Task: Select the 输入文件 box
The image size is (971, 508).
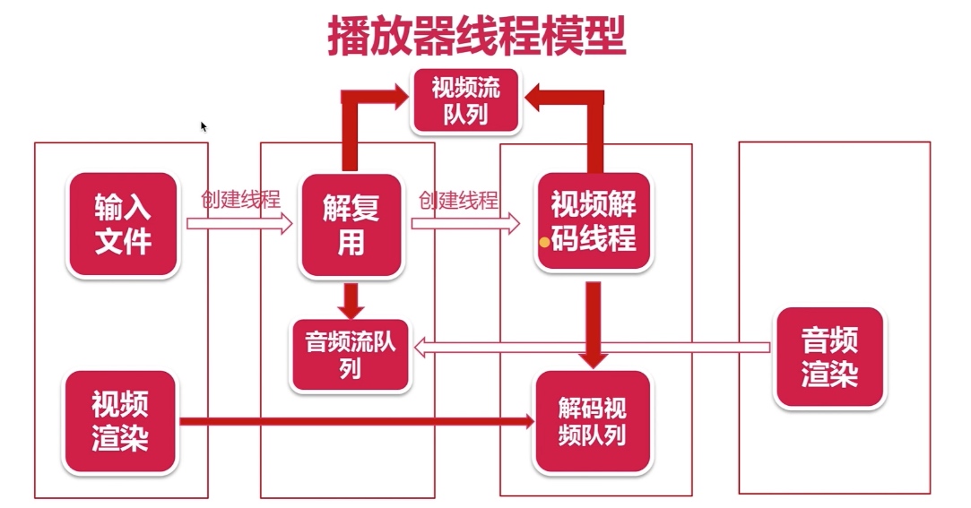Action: [123, 224]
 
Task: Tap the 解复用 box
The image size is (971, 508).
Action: [351, 224]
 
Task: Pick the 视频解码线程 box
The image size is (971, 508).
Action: [593, 222]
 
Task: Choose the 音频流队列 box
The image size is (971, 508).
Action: [351, 355]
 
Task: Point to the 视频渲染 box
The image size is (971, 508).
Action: [119, 421]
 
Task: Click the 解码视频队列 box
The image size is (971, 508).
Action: [592, 422]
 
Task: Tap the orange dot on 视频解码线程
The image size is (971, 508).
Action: [544, 241]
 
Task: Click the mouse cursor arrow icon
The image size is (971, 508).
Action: [204, 126]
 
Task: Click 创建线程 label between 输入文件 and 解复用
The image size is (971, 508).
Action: [240, 199]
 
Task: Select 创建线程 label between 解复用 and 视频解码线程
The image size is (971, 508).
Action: [458, 199]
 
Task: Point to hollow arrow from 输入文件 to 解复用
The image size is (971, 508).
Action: [239, 224]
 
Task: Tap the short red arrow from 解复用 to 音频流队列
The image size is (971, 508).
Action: [351, 298]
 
